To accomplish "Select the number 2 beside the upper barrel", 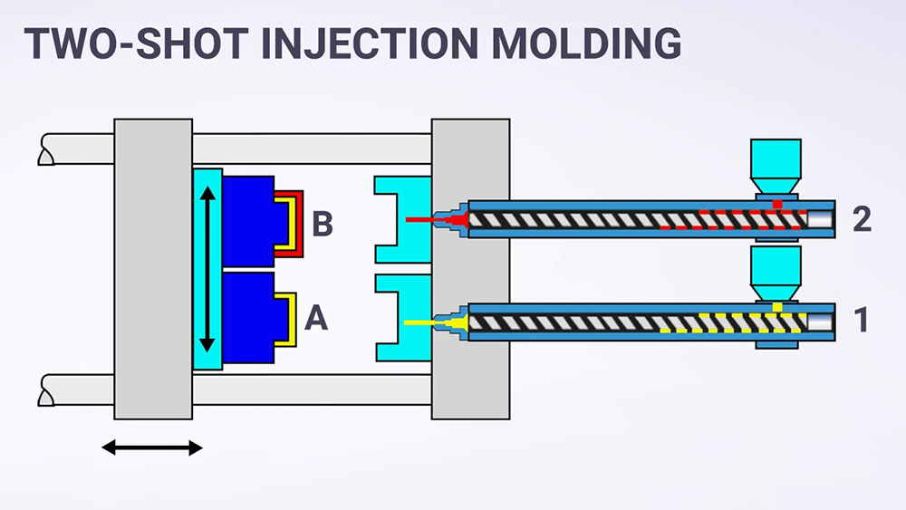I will coord(862,219).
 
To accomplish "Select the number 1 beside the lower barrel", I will coord(862,320).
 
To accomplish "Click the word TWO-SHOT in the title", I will coord(131,43).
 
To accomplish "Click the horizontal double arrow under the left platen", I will coord(151,447).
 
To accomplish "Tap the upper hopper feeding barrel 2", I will coord(776,163).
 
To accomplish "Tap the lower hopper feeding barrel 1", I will coord(776,267).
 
